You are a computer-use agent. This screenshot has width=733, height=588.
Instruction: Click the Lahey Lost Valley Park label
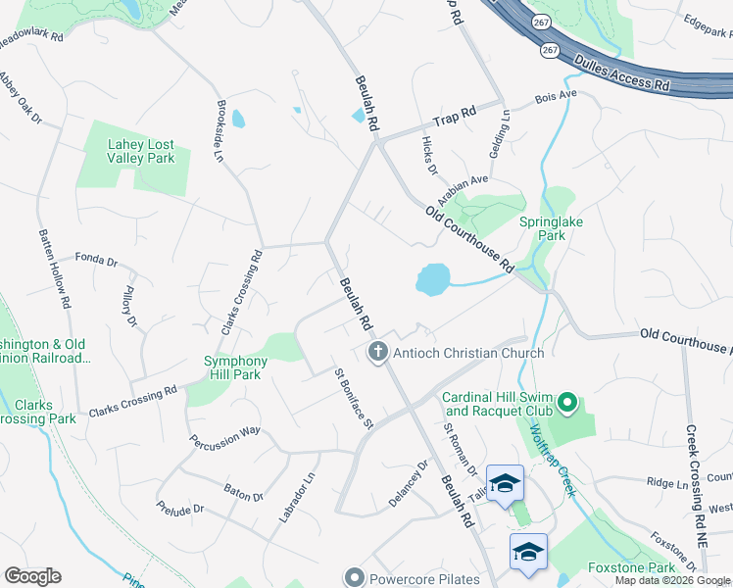pyautogui.click(x=141, y=151)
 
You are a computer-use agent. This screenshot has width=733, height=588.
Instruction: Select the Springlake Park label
pyautogui.click(x=551, y=228)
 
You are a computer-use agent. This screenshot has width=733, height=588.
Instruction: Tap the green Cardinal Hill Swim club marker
pyautogui.click(x=566, y=402)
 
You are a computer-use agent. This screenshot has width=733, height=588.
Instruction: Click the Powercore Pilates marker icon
pyautogui.click(x=354, y=578)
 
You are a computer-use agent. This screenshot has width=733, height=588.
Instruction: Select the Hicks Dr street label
pyautogui.click(x=428, y=156)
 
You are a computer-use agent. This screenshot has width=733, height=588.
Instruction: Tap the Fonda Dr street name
pyautogui.click(x=96, y=263)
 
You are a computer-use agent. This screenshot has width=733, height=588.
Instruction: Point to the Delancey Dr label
pyautogui.click(x=409, y=483)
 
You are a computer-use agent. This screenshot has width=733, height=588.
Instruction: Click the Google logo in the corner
pyautogui.click(x=32, y=576)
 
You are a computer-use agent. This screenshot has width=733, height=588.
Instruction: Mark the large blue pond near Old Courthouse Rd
pyautogui.click(x=432, y=279)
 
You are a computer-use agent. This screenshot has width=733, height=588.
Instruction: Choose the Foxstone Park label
pyautogui.click(x=631, y=567)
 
